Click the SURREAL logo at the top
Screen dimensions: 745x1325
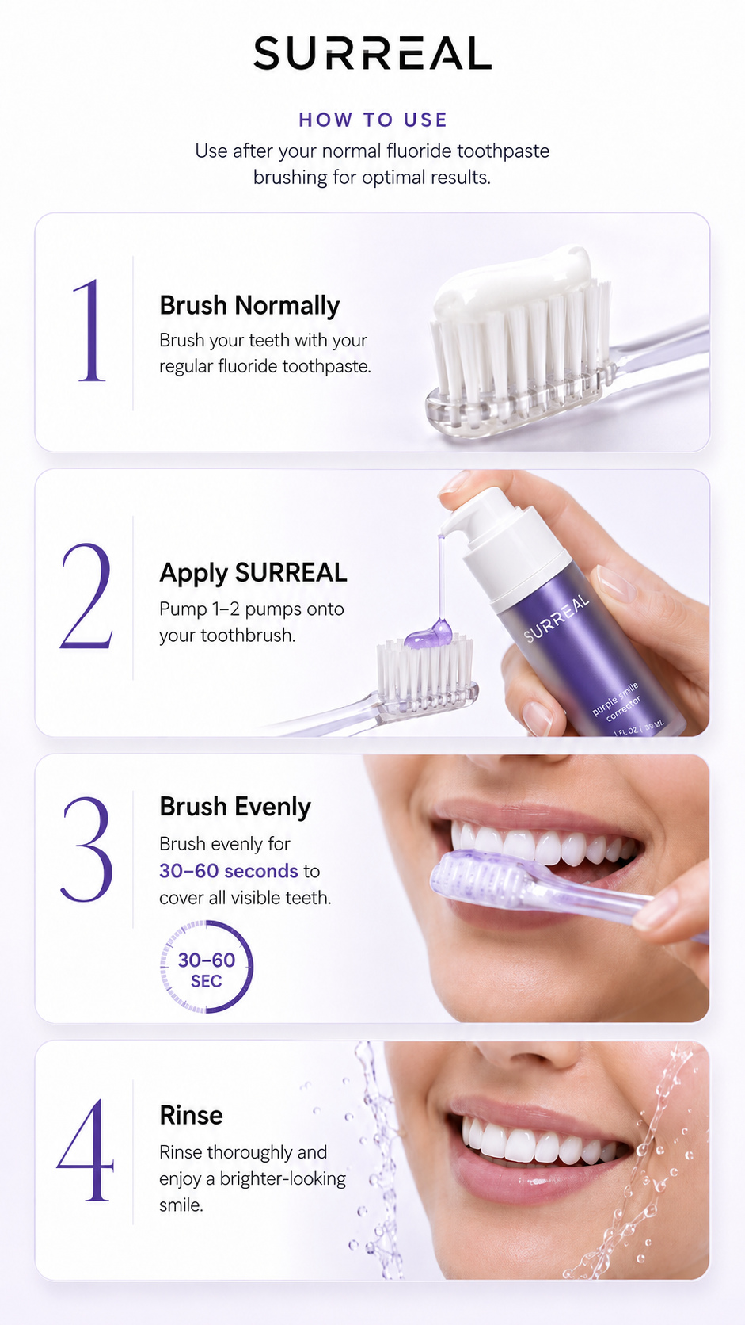372,53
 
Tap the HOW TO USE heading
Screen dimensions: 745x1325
373,120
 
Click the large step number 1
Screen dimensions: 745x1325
89,330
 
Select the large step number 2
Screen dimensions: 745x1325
86,596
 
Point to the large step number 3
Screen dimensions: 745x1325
87,850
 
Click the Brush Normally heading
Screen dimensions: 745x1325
249,306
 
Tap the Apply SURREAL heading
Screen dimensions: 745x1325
253,573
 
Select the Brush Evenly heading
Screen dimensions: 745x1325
235,807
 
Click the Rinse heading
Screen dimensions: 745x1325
191,1116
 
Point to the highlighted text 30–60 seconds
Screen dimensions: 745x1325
229,871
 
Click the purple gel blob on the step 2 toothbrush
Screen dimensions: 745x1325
428,633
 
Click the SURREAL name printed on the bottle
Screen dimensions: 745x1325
557,618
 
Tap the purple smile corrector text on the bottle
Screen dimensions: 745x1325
617,701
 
